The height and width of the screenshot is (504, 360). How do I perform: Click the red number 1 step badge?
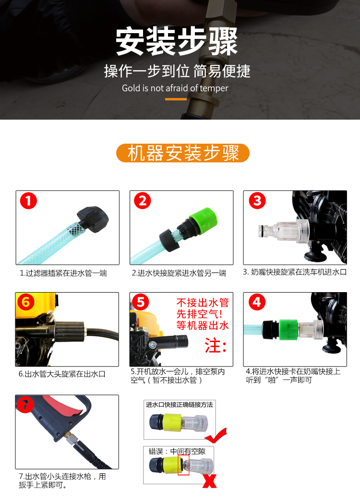point(28,201)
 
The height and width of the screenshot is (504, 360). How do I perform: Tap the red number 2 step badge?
point(142,201)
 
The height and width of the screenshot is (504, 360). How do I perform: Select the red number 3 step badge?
point(257,201)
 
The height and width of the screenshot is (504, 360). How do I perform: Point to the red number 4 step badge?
point(257,302)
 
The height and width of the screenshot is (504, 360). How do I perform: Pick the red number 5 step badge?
point(140,302)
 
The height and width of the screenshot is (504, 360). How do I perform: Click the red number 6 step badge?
point(26,302)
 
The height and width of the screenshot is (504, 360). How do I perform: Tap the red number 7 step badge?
point(25,405)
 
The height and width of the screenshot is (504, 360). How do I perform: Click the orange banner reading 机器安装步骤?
point(183,153)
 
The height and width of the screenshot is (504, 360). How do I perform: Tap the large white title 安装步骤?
point(177,41)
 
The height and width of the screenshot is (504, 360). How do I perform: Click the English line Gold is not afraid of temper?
point(175,88)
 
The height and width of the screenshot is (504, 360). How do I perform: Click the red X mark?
point(209,481)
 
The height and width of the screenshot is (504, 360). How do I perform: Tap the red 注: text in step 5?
point(216,346)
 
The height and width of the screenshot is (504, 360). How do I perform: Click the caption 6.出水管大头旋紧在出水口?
point(62,374)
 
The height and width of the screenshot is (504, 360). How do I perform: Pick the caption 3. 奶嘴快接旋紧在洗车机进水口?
point(295,272)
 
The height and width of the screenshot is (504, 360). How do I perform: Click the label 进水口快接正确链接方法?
point(179,405)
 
